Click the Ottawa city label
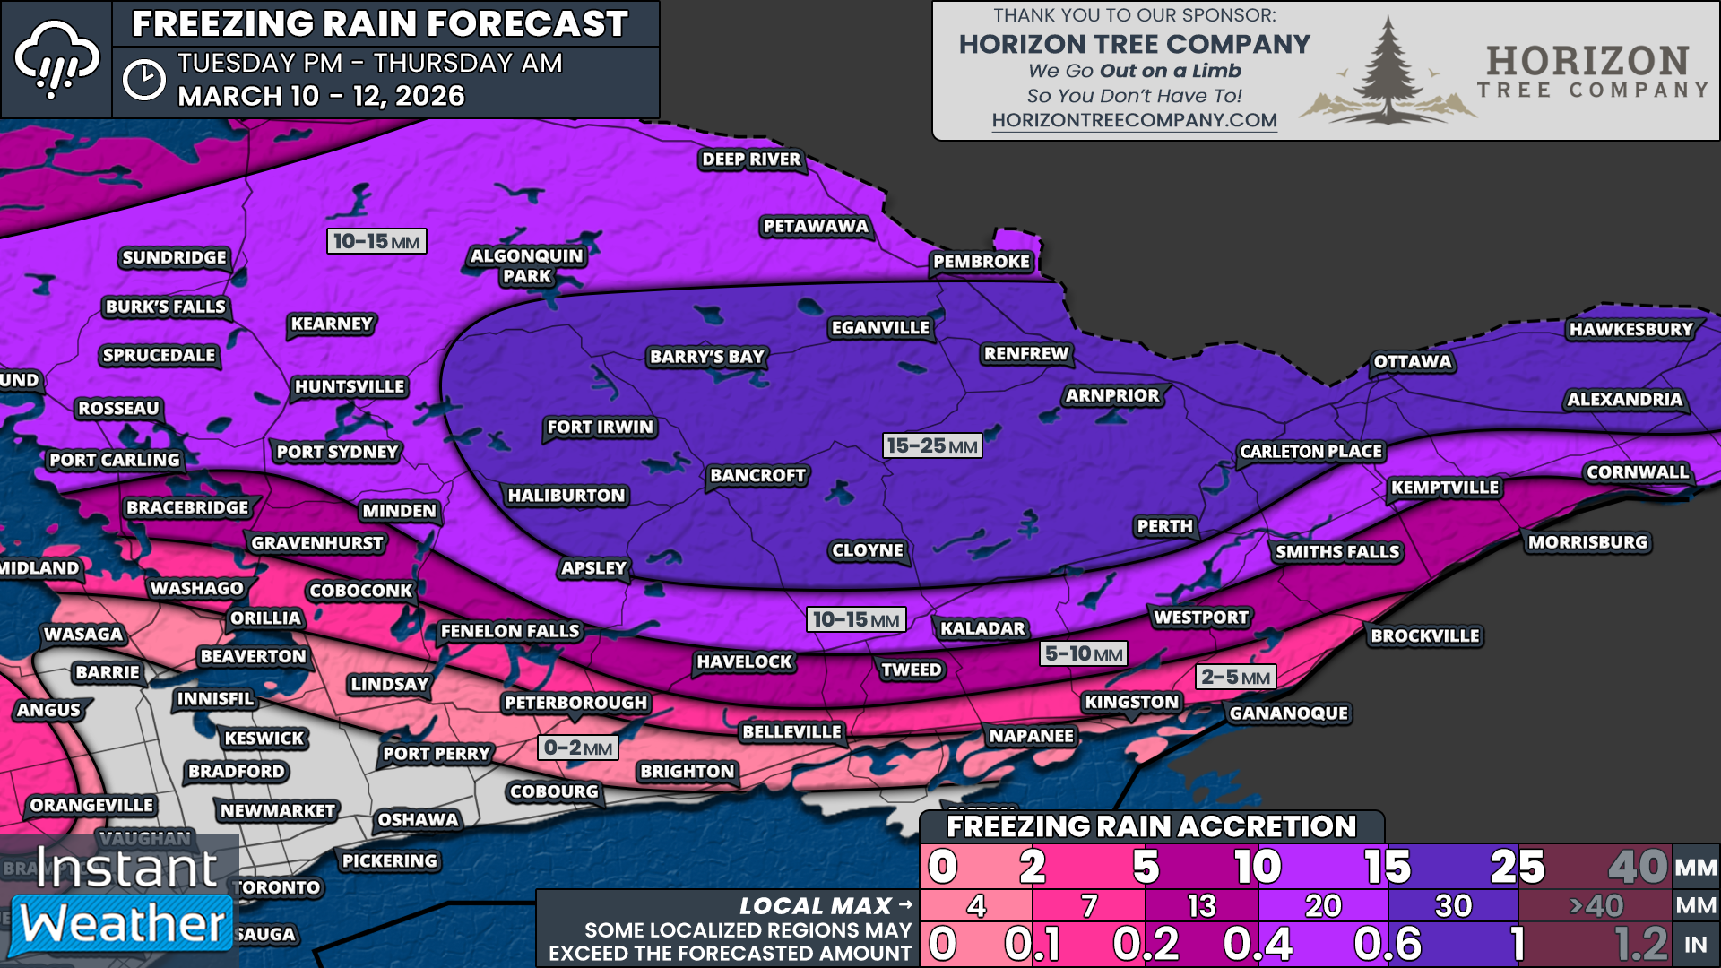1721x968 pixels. (1413, 362)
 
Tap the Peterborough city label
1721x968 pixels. (575, 703)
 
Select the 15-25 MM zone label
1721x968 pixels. (931, 445)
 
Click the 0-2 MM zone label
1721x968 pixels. (577, 748)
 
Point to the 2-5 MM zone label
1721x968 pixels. (1235, 677)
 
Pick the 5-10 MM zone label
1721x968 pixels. (1083, 653)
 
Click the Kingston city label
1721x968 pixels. (1131, 702)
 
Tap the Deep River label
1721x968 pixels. (751, 160)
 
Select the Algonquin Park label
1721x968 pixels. (527, 266)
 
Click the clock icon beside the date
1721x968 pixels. (143, 81)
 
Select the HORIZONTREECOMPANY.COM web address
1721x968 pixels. (1134, 120)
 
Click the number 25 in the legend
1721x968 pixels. (1517, 867)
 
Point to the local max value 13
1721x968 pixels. (1201, 906)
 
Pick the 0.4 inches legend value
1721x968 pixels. (1258, 944)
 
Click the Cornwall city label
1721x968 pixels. (1637, 472)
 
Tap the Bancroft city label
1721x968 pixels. (757, 475)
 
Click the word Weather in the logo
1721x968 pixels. (123, 924)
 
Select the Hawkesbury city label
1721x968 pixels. (1630, 329)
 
